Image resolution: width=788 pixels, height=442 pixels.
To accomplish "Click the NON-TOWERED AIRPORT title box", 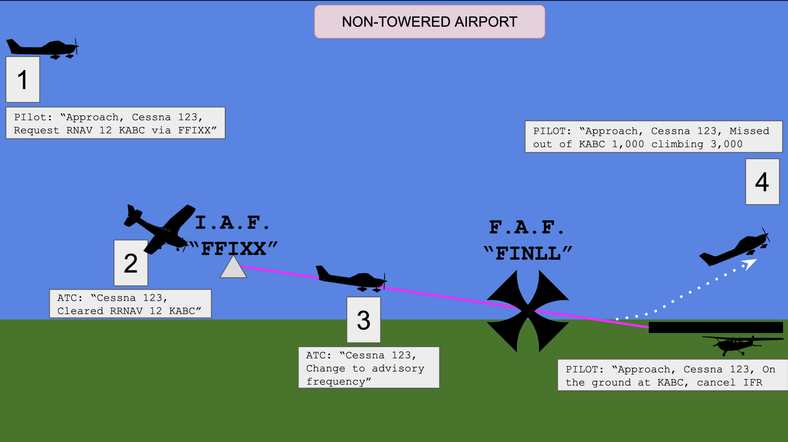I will click(429, 22).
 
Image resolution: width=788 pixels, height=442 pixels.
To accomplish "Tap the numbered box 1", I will click(23, 79).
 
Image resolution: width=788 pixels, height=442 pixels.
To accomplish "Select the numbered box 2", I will click(131, 263).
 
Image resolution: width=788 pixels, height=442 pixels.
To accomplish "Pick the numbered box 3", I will click(364, 320).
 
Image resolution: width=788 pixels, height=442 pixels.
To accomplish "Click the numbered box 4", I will click(762, 182).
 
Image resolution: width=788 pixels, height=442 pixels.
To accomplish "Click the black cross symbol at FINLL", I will click(528, 311).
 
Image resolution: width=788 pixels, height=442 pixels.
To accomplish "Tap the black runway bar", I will click(716, 327).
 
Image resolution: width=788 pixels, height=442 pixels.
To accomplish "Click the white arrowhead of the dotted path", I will click(750, 264).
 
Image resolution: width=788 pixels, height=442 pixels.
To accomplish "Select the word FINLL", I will click(528, 253).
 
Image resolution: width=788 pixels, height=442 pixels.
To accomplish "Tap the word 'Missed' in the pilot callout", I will click(749, 131).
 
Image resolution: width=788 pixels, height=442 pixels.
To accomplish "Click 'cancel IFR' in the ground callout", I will click(730, 383).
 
